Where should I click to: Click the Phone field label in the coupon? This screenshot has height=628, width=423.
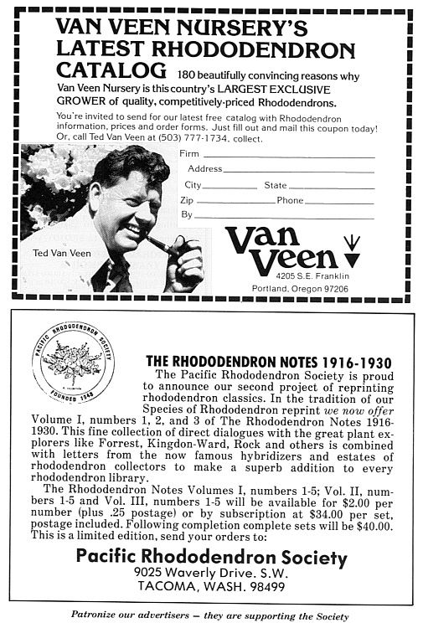click(x=291, y=201)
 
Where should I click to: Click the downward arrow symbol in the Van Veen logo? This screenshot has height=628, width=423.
click(x=352, y=245)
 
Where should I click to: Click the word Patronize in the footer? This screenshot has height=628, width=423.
click(x=99, y=616)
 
